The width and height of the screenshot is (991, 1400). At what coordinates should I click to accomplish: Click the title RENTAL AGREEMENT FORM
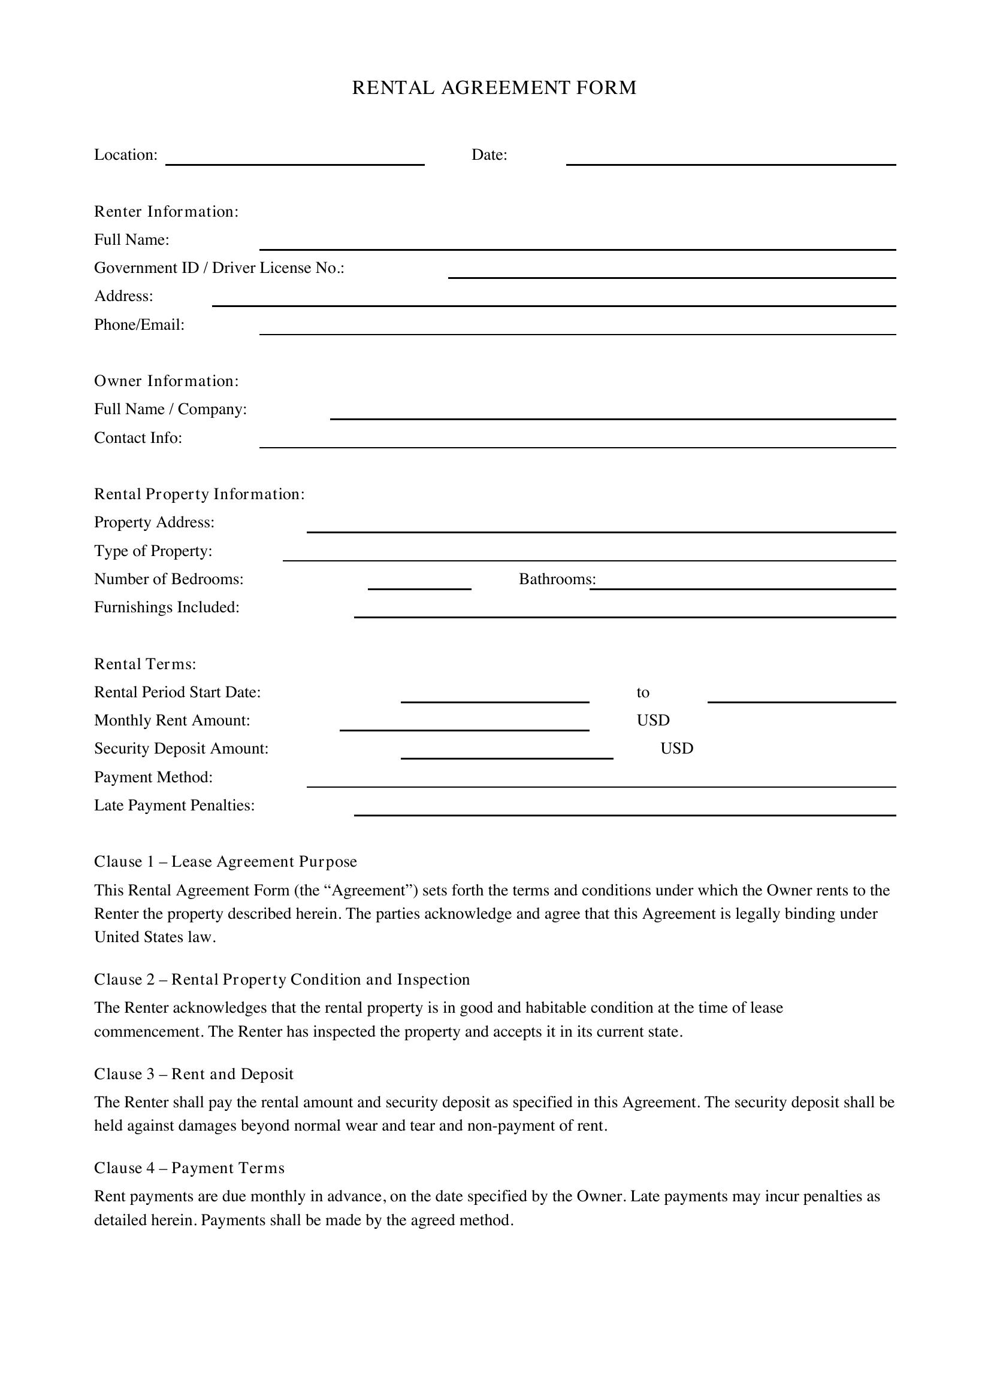(x=494, y=88)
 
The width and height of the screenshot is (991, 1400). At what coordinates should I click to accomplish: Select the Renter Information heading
(x=166, y=211)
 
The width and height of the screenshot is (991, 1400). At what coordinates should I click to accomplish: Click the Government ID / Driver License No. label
(x=219, y=268)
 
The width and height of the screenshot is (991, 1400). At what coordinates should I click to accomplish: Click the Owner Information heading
(x=166, y=381)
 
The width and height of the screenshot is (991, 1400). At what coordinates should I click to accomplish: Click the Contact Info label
(x=138, y=438)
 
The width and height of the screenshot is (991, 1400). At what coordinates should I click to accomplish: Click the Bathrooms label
(x=557, y=579)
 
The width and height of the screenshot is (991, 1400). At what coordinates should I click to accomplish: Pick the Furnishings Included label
(x=167, y=608)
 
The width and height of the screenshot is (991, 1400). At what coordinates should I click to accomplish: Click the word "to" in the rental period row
(x=642, y=692)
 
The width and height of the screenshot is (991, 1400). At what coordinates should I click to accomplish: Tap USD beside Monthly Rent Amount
(x=653, y=720)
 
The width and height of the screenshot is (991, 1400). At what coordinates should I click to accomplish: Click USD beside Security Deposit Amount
(x=676, y=748)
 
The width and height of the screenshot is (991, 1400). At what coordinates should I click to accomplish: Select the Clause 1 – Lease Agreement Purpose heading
(x=225, y=861)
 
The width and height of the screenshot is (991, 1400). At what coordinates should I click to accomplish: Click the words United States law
(x=155, y=937)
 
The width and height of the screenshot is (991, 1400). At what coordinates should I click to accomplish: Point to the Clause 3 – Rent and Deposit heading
(x=194, y=1074)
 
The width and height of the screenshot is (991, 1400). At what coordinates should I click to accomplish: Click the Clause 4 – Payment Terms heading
(x=189, y=1168)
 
